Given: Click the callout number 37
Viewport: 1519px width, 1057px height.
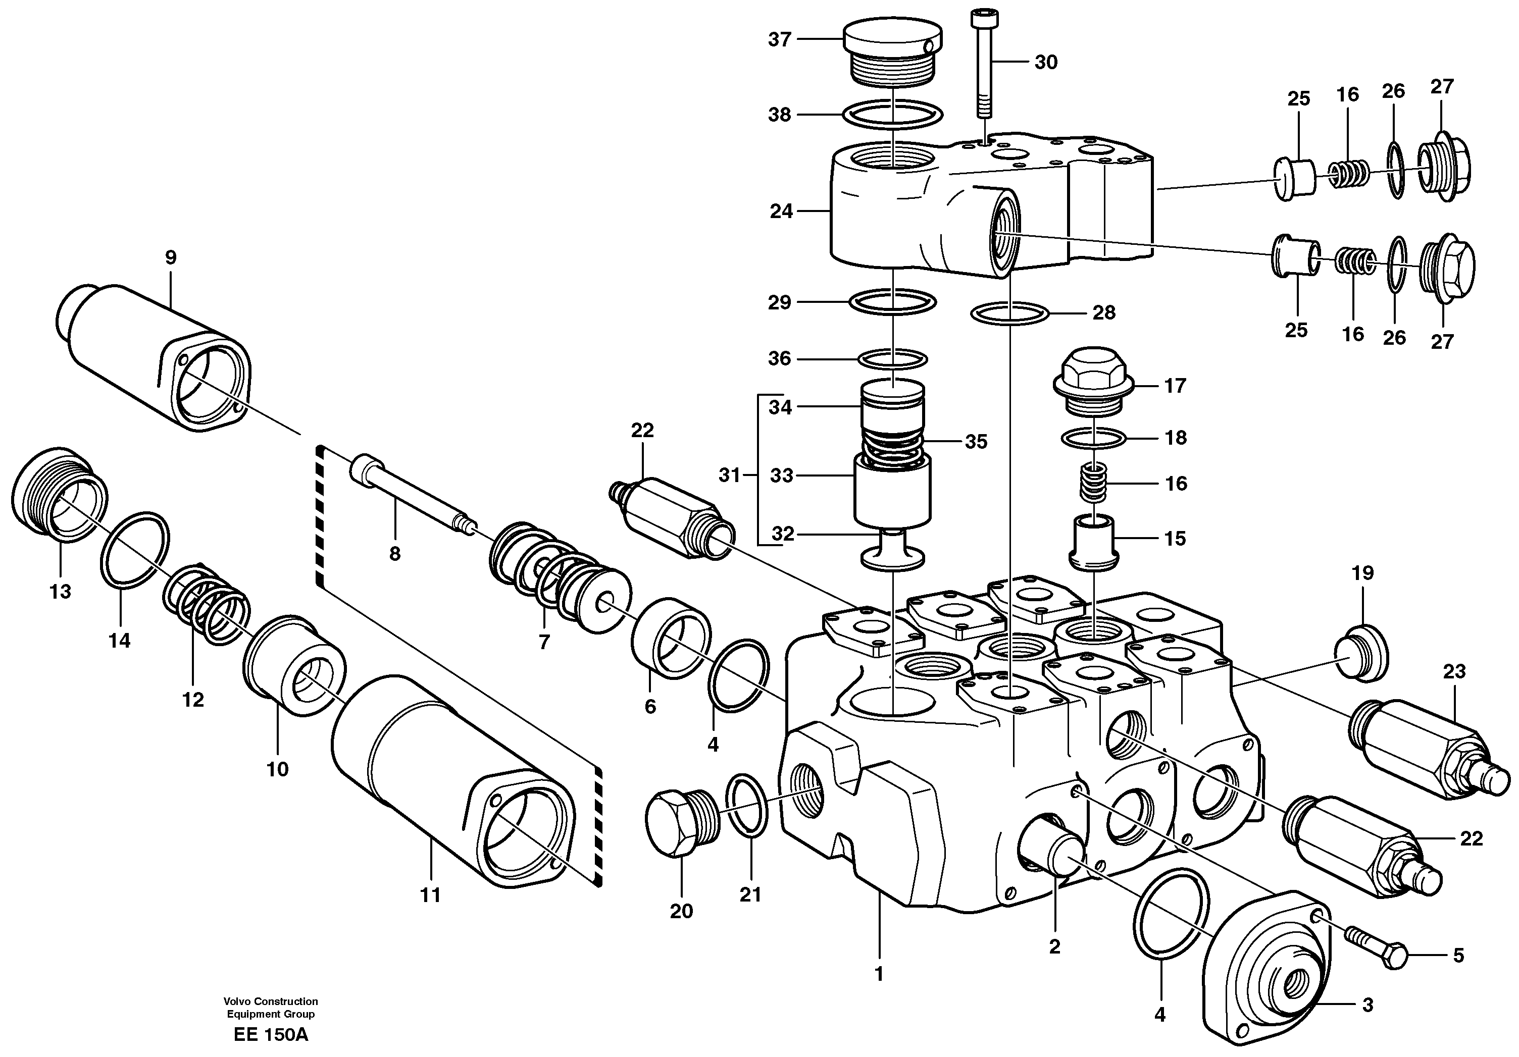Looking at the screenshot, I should click(779, 40).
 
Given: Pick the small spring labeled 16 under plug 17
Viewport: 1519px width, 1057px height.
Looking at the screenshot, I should click(1094, 483).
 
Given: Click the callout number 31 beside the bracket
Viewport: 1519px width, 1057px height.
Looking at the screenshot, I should click(729, 475).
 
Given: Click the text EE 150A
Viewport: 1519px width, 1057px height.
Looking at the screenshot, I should click(271, 1034).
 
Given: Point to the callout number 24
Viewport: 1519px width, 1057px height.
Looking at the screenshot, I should click(781, 212).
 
